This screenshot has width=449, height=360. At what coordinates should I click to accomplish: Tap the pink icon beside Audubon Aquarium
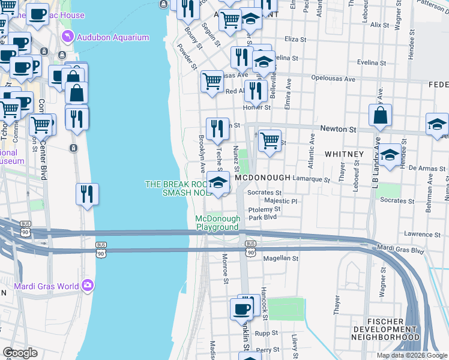tap(68, 37)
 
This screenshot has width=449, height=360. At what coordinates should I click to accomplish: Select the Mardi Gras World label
tap(46, 286)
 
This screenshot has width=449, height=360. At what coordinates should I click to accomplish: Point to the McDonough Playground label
tap(218, 223)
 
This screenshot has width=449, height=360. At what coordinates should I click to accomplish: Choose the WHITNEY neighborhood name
tap(344, 154)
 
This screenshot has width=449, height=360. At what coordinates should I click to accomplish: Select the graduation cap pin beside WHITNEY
tap(390, 155)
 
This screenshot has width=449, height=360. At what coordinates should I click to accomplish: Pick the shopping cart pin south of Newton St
tap(270, 140)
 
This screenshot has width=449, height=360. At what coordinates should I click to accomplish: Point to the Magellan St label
tap(281, 258)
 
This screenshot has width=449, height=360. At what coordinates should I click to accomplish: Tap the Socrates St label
tap(264, 193)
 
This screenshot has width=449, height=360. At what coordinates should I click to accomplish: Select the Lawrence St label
tap(418, 234)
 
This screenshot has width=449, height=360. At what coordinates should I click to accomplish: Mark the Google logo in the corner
tap(20, 353)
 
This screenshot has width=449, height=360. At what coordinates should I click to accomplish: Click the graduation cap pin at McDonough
tap(218, 182)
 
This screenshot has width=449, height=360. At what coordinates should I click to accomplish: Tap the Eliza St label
tap(295, 38)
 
